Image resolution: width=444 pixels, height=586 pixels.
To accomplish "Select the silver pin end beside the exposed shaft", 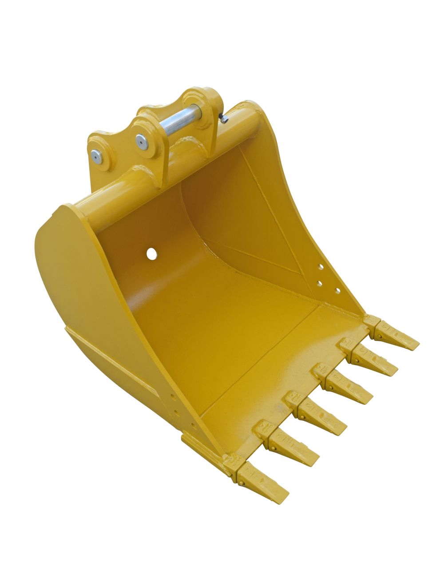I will click(141, 141).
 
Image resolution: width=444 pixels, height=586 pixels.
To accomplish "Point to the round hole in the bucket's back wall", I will click(152, 253).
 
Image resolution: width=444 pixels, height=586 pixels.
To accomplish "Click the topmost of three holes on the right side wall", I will click(320, 267).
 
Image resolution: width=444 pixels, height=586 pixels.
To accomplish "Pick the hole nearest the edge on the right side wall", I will click(338, 290).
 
